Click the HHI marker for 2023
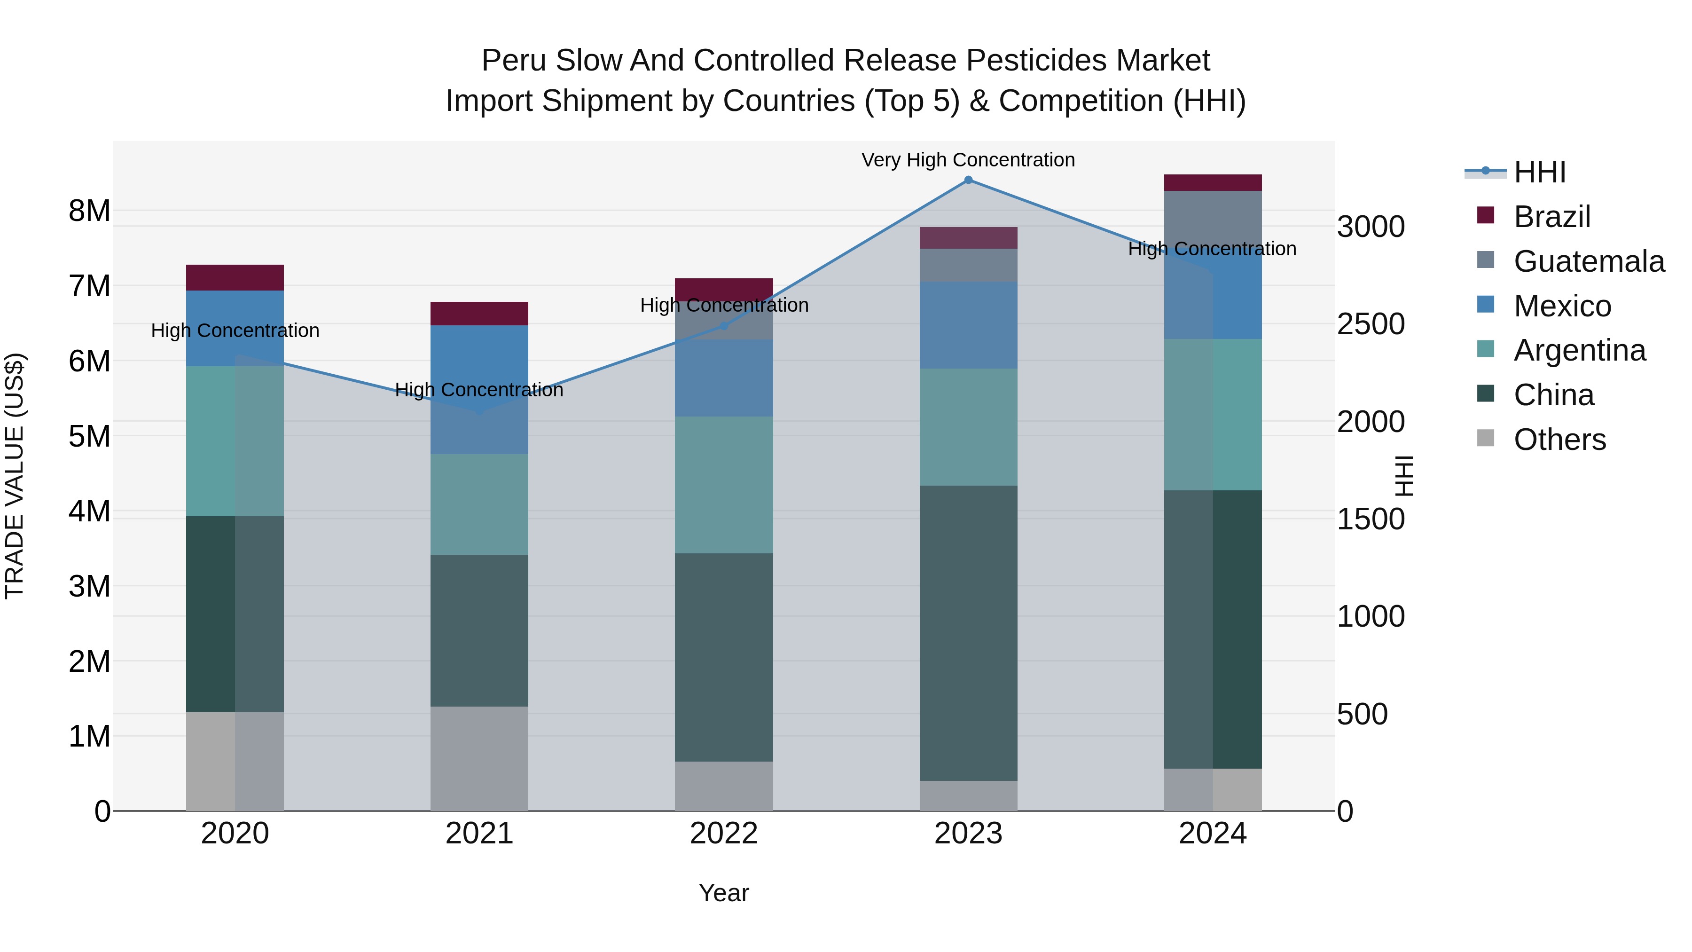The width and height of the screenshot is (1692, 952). [x=968, y=180]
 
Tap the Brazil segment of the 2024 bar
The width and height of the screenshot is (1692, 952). [x=1213, y=183]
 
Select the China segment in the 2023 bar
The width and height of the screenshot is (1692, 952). [x=968, y=633]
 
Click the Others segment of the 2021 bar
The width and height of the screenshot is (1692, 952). [x=479, y=758]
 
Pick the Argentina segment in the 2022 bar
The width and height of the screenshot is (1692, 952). [x=724, y=485]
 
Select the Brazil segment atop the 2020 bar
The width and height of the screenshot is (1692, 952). [x=235, y=277]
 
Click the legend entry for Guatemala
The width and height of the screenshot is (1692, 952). [x=1588, y=261]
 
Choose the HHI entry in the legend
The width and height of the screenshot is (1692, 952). [x=1539, y=172]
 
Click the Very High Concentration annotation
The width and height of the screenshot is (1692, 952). [x=968, y=160]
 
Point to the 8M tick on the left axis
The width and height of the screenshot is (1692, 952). [x=89, y=211]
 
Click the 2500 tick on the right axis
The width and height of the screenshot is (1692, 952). [x=1371, y=324]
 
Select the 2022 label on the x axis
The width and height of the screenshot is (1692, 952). [x=724, y=834]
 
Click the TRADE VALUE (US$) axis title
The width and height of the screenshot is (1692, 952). [x=15, y=476]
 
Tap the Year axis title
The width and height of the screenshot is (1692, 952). [x=724, y=893]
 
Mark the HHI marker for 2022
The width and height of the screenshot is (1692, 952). [x=724, y=326]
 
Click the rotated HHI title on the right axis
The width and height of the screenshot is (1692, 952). [x=1403, y=476]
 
